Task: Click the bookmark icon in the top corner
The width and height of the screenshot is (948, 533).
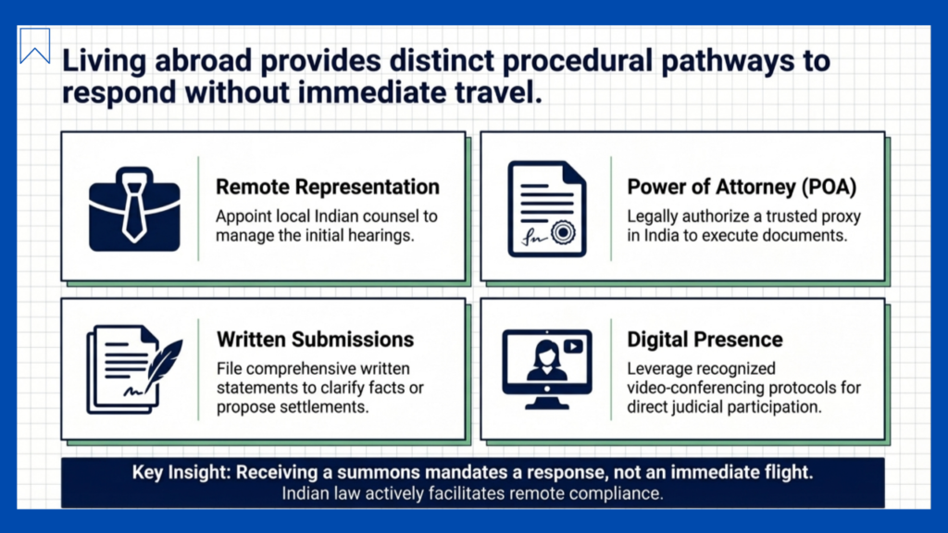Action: click(x=34, y=36)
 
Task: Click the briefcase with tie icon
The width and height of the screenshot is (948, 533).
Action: click(x=134, y=209)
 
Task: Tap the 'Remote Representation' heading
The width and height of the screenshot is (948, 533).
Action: click(x=328, y=187)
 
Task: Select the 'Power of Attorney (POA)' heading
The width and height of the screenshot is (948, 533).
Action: click(x=742, y=187)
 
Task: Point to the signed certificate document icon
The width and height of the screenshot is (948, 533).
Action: click(x=547, y=209)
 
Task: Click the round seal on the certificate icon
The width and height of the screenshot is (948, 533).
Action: click(x=564, y=232)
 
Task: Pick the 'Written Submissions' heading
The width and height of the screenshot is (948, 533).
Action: click(x=315, y=340)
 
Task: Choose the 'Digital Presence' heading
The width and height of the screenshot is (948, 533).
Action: click(x=705, y=340)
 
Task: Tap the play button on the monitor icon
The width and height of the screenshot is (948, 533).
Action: click(x=573, y=346)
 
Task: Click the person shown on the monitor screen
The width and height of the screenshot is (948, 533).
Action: click(x=546, y=361)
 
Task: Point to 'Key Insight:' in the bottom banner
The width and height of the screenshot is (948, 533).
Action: click(x=181, y=472)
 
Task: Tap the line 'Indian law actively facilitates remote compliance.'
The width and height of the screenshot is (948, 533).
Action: click(x=472, y=493)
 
